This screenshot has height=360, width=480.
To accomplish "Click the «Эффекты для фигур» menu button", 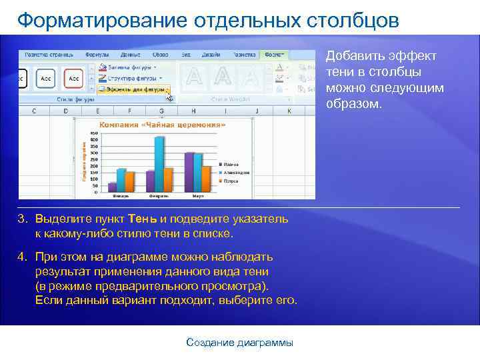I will (x=133, y=89).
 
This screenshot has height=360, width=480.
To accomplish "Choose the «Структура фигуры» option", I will (x=129, y=77).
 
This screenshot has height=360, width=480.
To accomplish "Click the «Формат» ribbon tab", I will (x=273, y=54).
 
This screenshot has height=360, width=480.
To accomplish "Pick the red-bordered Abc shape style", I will (x=73, y=77).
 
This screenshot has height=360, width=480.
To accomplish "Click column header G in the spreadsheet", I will (x=161, y=111).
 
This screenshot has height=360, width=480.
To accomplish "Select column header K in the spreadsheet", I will (x=289, y=111).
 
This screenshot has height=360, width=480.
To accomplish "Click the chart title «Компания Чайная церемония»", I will (x=162, y=125).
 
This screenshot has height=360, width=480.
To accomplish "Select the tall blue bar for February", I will (x=159, y=163).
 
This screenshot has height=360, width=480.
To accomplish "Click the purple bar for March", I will (x=189, y=172).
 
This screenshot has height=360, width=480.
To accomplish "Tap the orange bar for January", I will (x=129, y=181).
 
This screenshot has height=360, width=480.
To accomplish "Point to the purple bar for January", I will (x=112, y=186).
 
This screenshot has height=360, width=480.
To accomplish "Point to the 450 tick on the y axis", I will (x=94, y=133).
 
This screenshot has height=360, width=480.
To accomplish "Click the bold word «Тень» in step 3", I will (x=143, y=219).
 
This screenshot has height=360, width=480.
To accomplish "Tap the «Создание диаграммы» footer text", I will (x=239, y=342).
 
